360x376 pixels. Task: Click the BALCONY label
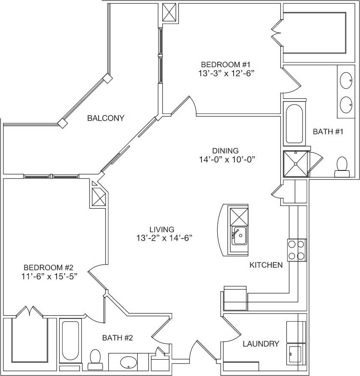[x=105, y=118]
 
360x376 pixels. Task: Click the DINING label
[x=225, y=151]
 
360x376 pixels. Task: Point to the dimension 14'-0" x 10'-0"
[x=225, y=159]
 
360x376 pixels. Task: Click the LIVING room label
[x=159, y=229]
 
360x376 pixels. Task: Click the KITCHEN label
[x=266, y=265]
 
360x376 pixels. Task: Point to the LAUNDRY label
[x=261, y=344]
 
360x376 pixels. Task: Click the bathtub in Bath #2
[x=69, y=340]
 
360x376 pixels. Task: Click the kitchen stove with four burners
[x=296, y=250]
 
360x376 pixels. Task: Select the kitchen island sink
[x=239, y=236]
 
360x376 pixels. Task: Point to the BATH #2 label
[x=117, y=338]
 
